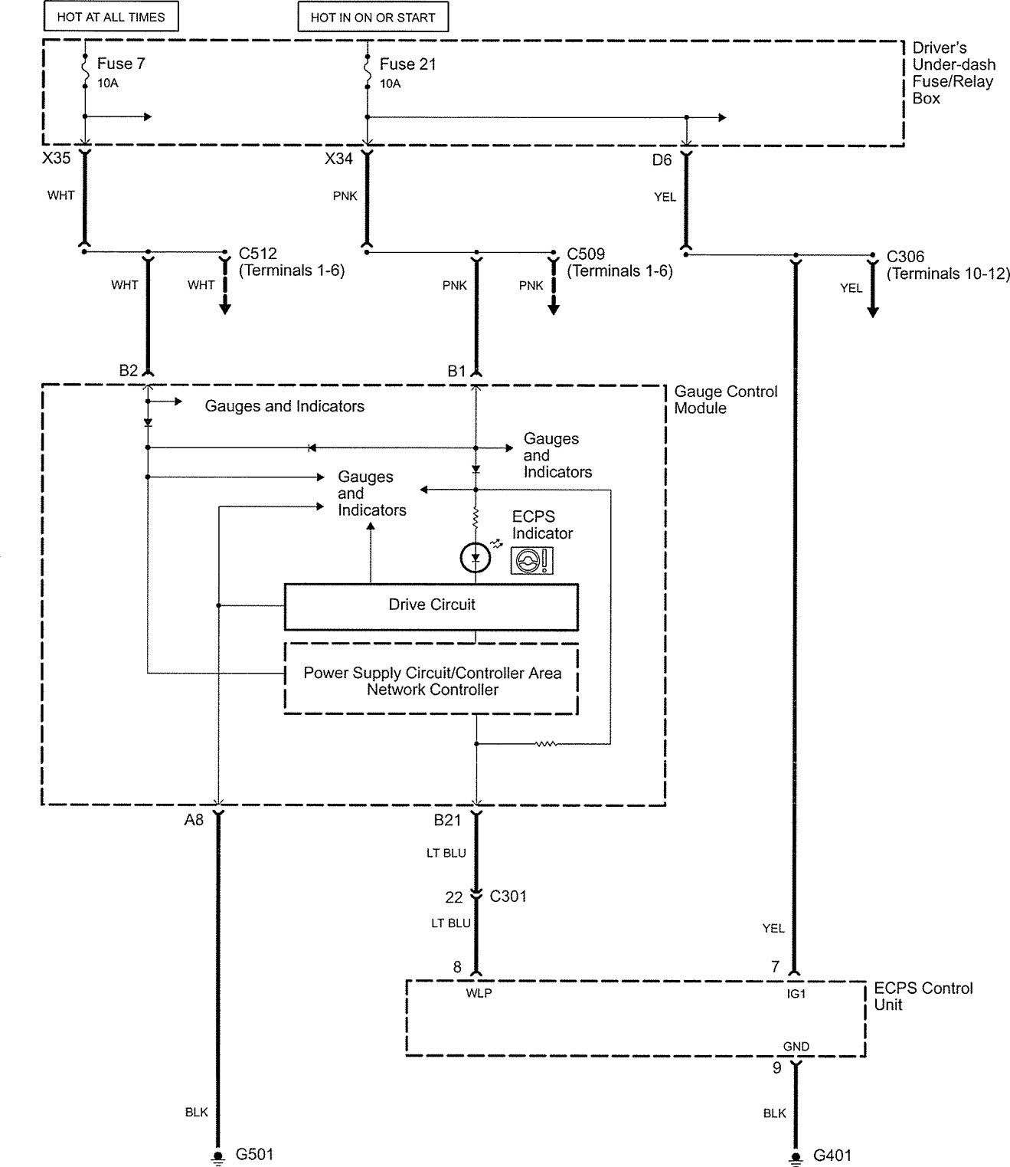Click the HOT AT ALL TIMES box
click(111, 16)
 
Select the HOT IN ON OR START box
click(373, 17)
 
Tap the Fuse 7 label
click(121, 64)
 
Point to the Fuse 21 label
click(407, 64)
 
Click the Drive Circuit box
click(431, 605)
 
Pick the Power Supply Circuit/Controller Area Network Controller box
click(431, 681)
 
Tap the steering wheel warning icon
click(531, 561)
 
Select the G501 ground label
click(254, 1154)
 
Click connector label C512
click(258, 254)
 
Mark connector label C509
click(586, 254)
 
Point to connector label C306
click(906, 257)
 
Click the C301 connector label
click(508, 896)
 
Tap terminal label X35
click(57, 159)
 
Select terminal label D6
click(662, 159)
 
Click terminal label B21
click(448, 820)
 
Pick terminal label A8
click(194, 820)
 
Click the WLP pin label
click(479, 993)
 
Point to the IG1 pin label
click(796, 993)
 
